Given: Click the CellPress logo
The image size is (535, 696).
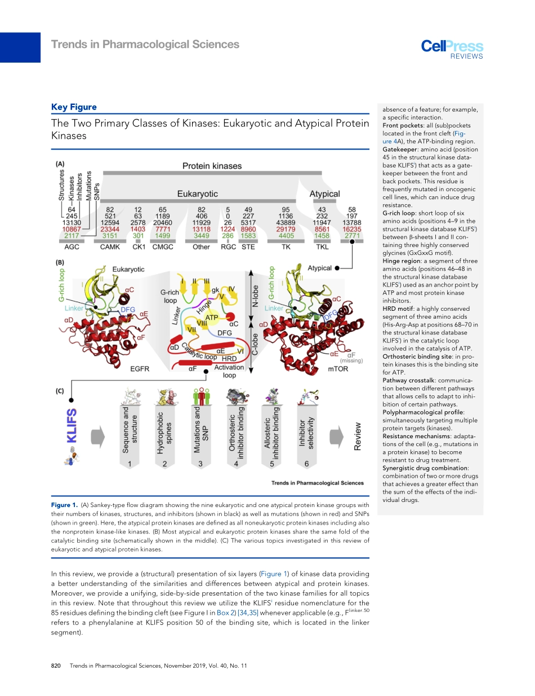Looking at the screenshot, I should pos(452,47).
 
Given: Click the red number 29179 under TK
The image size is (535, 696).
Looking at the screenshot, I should pos(286,230).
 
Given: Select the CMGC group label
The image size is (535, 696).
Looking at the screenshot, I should pos(163,247).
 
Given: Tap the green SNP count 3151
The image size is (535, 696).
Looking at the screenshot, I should pos(110,236).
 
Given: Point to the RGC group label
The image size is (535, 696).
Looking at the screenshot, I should pos(228,247).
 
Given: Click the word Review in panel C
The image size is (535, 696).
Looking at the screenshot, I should pos(358,437).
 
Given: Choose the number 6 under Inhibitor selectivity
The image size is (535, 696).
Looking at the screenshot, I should pos(306,464).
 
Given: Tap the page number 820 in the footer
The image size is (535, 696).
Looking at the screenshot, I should pos(56,666).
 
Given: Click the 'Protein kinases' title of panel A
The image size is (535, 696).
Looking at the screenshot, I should pos(212,166).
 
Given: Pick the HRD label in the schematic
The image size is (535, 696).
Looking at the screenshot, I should pos(229,358).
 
